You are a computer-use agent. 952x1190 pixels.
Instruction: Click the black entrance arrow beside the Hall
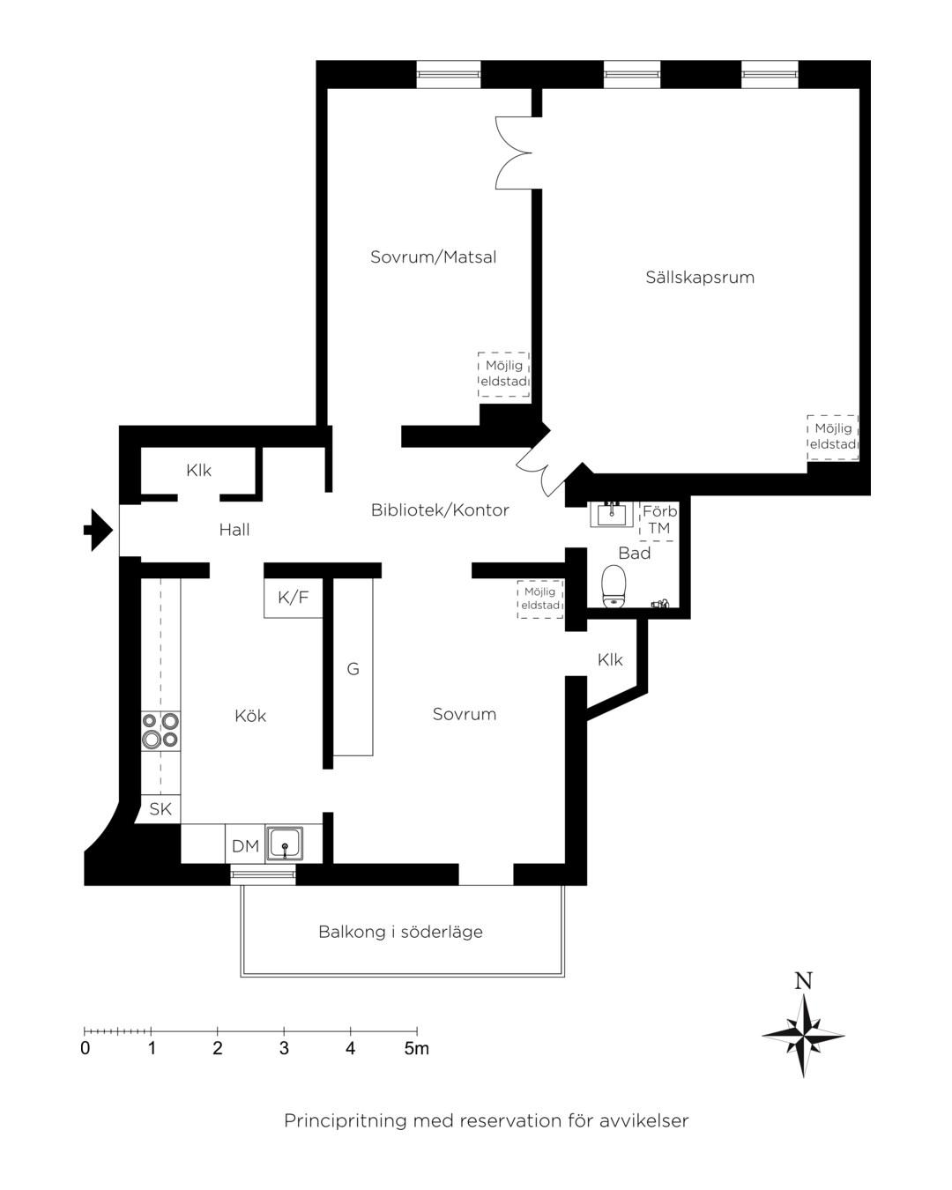click(x=99, y=530)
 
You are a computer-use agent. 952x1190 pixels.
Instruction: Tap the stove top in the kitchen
click(x=160, y=731)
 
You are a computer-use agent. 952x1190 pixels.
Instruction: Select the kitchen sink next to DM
click(x=285, y=844)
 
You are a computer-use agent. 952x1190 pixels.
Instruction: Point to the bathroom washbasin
click(x=611, y=514)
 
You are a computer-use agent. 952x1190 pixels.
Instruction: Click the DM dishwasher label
click(x=245, y=845)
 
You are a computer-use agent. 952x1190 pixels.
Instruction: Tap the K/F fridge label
click(x=294, y=598)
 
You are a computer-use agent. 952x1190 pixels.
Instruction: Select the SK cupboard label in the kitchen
click(x=160, y=809)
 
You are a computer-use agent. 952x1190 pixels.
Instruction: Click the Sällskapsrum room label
click(x=700, y=277)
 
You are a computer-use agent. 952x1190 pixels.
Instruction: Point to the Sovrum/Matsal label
click(x=433, y=257)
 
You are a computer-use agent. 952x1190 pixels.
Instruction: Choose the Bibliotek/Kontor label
click(x=440, y=509)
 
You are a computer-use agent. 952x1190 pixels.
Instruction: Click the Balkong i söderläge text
click(x=400, y=932)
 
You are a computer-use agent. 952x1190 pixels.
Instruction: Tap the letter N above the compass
click(x=803, y=981)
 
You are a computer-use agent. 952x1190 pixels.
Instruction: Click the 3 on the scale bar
click(x=284, y=1048)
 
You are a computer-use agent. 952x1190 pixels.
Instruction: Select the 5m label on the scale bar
click(x=416, y=1048)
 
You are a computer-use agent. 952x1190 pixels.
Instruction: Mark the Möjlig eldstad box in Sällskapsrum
click(x=832, y=437)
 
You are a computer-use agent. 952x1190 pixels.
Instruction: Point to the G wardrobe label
click(x=353, y=669)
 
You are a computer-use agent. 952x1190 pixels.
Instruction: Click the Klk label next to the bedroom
click(x=610, y=659)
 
